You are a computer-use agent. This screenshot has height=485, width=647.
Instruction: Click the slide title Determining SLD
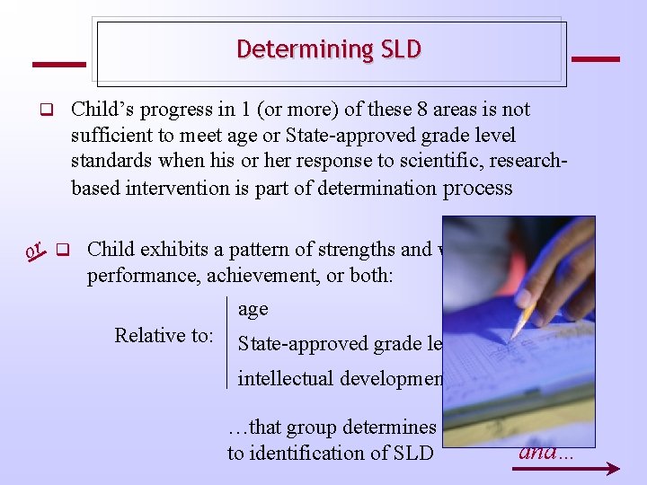[329, 49]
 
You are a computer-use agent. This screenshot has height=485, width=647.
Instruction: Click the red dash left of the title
[58, 65]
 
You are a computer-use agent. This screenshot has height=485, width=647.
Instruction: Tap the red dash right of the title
[595, 59]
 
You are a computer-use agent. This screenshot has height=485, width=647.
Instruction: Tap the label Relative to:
[164, 336]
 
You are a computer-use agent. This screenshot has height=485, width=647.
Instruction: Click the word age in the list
[253, 309]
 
